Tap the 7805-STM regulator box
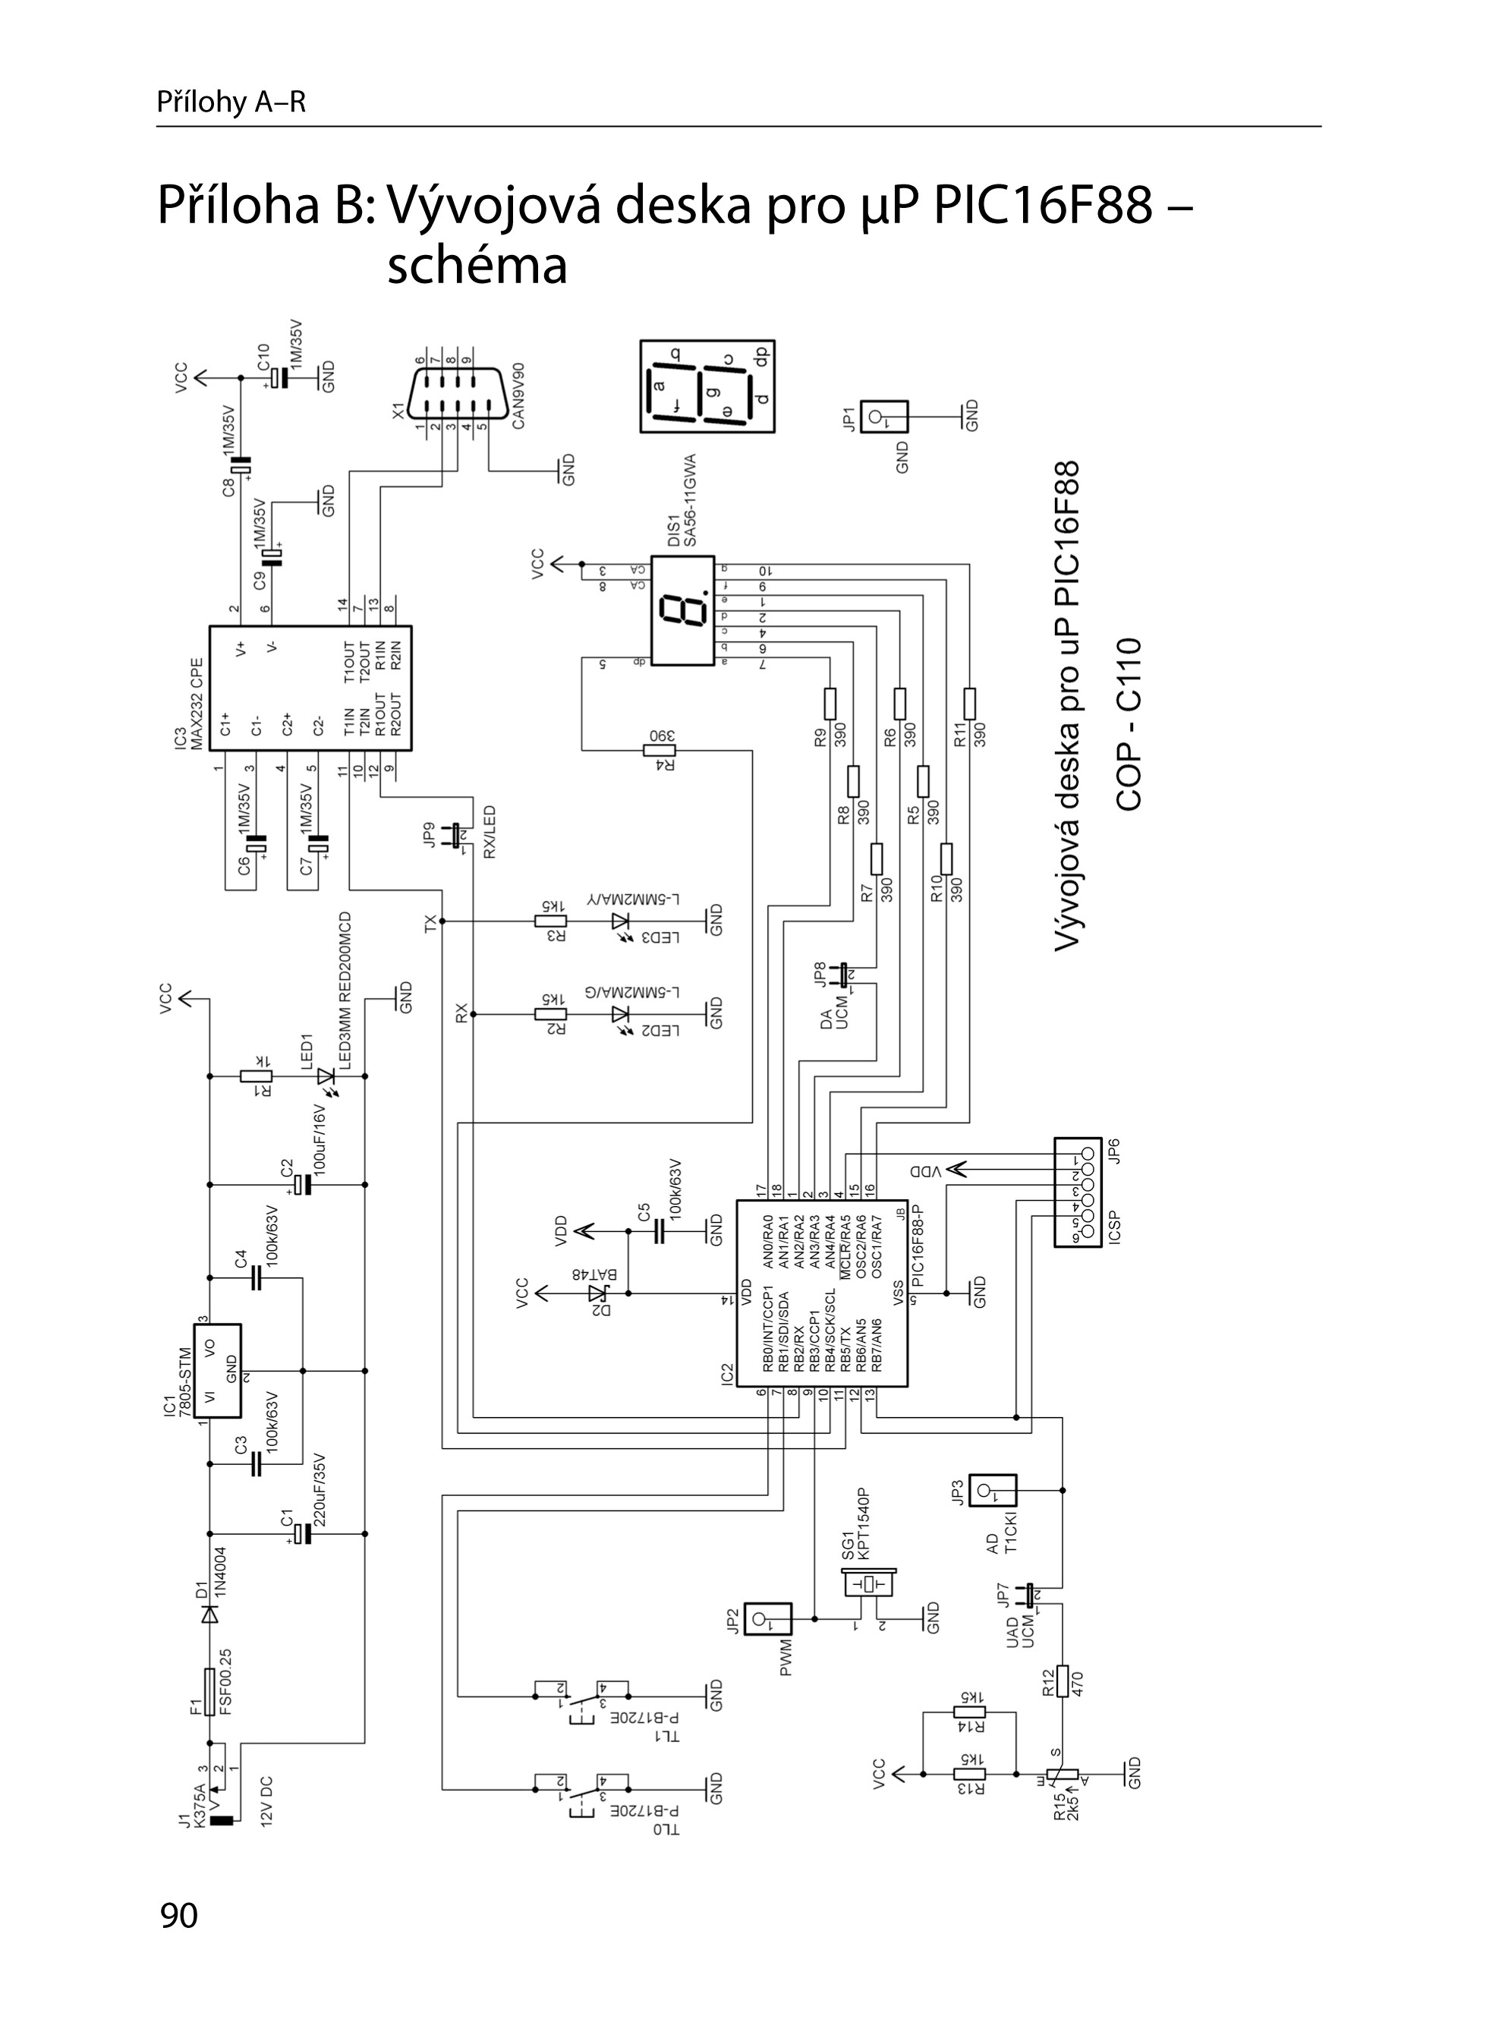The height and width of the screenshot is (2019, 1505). (x=218, y=1369)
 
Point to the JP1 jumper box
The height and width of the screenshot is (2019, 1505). (x=885, y=418)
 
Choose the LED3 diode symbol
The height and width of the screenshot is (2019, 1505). (x=622, y=921)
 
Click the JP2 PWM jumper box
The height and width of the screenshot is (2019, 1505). (x=768, y=1619)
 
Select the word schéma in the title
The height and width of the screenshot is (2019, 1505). (x=477, y=266)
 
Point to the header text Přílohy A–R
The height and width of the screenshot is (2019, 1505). (x=231, y=102)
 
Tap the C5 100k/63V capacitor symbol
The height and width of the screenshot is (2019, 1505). (x=660, y=1232)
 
